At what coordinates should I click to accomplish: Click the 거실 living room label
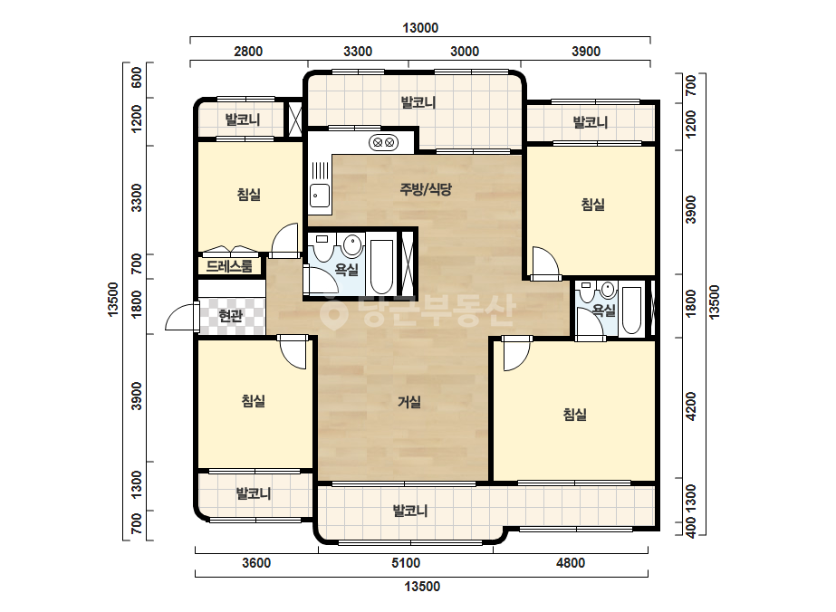point(409,401)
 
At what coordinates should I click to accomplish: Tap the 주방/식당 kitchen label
point(426,188)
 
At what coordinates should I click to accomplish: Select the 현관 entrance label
point(231,316)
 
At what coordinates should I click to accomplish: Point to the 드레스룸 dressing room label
point(229,265)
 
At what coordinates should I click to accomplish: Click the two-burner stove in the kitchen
point(383,142)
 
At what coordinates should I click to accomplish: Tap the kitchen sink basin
point(320,196)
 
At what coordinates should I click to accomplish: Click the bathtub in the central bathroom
point(381,266)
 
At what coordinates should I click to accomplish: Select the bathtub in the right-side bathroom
point(632,311)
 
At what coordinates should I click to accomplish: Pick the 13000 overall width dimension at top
point(420,28)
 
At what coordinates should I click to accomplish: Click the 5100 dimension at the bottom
point(406,563)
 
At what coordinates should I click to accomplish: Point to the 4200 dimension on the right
point(691,406)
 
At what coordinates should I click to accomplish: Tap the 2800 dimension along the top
point(248,52)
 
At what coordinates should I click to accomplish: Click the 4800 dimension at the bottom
point(571,563)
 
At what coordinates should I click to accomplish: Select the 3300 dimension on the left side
point(137,197)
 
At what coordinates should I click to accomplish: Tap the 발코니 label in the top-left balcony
point(243,119)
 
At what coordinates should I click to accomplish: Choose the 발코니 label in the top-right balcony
point(591,122)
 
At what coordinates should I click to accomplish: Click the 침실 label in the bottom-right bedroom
point(575,415)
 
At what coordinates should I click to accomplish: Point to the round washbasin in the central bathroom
point(352,245)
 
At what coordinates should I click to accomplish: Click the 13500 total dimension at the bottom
point(422,587)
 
